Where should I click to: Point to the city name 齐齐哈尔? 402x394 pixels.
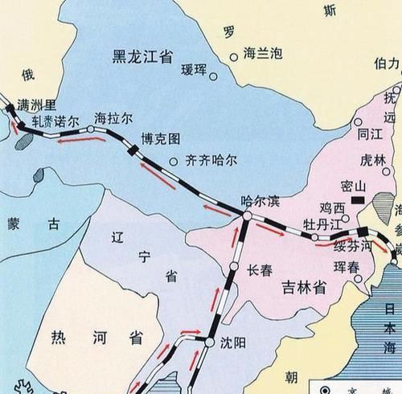tap(210, 158)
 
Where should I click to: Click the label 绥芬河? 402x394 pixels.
tap(355, 246)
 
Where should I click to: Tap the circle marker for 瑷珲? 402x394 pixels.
tap(215, 78)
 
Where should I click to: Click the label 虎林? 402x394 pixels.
tap(351, 159)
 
